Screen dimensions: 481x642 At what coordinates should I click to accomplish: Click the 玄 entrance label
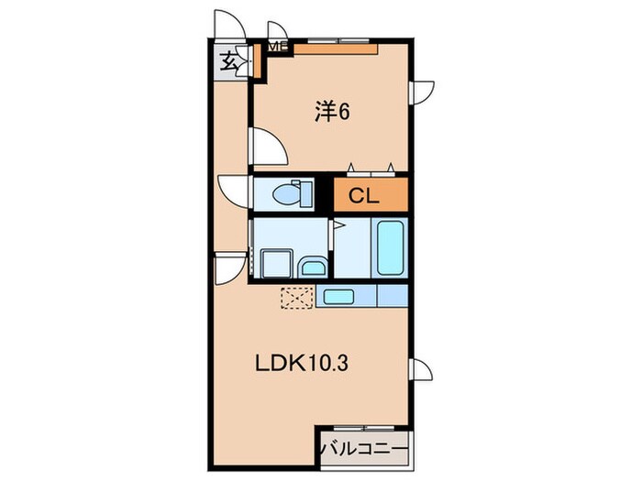coord(227,63)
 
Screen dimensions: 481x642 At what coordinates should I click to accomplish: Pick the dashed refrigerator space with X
coord(295,298)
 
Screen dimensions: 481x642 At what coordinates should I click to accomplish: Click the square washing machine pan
coord(273,262)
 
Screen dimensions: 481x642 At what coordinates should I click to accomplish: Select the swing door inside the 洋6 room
coord(267,147)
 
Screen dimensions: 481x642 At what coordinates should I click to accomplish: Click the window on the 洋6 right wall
coord(420,92)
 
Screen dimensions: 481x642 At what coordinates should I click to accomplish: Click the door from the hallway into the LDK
coord(227,268)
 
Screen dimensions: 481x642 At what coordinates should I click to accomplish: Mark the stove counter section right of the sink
coord(392,297)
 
